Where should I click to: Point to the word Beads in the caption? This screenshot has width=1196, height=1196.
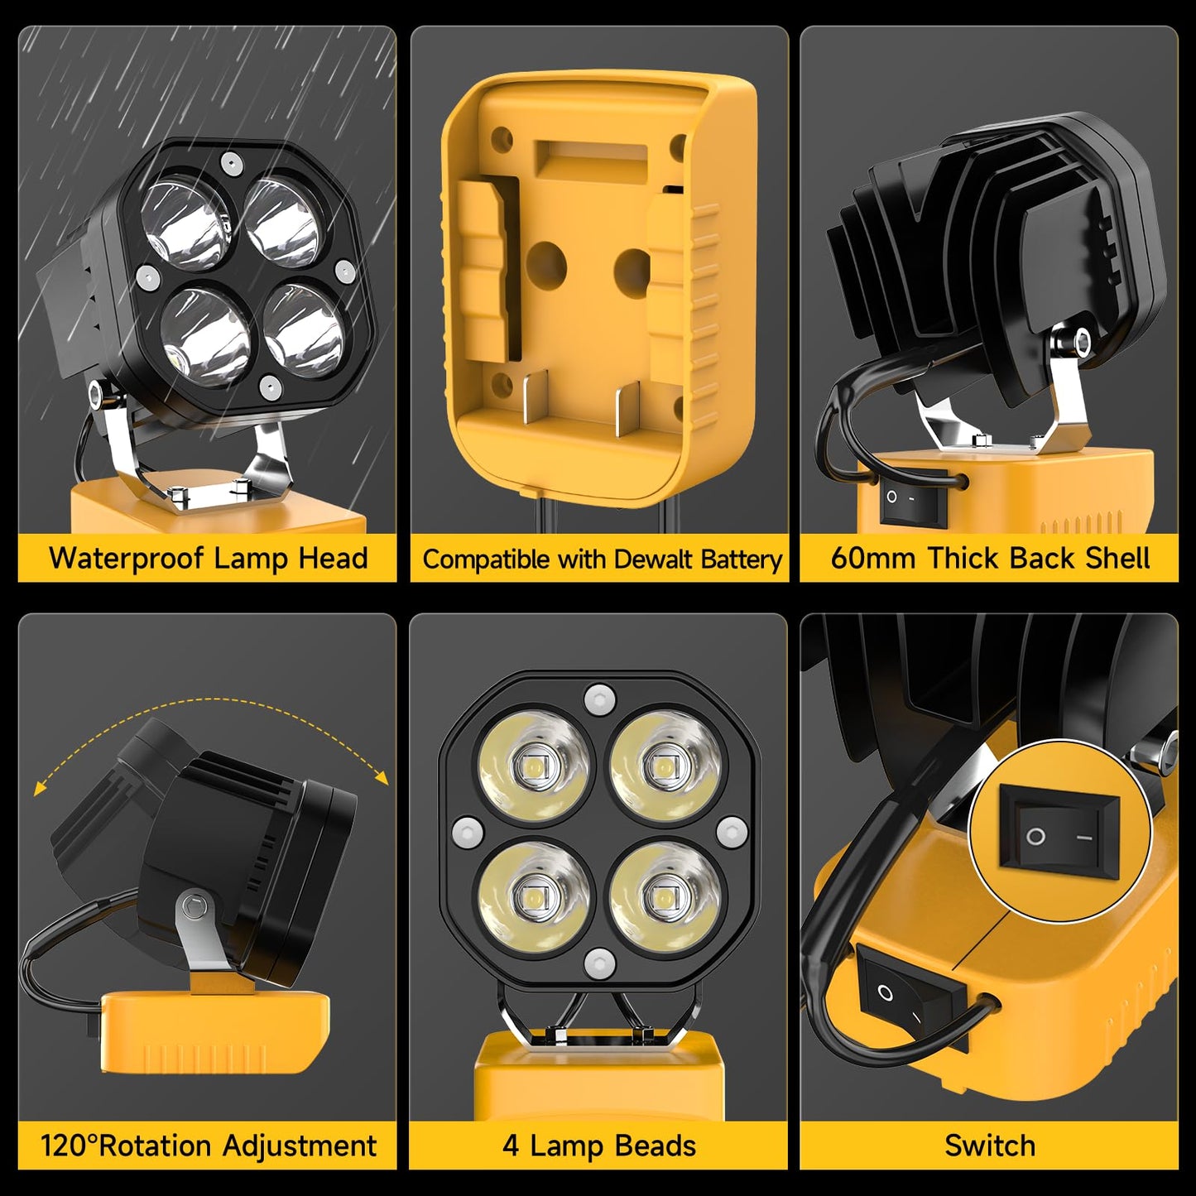[654, 1146]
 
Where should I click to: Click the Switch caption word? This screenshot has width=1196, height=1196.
[989, 1146]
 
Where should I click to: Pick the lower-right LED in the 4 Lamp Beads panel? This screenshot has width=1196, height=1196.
[663, 897]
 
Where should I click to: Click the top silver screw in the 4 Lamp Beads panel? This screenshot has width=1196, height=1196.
[598, 699]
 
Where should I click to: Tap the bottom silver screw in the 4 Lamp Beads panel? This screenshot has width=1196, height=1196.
[598, 963]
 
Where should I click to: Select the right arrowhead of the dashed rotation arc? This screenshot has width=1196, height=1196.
[382, 777]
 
